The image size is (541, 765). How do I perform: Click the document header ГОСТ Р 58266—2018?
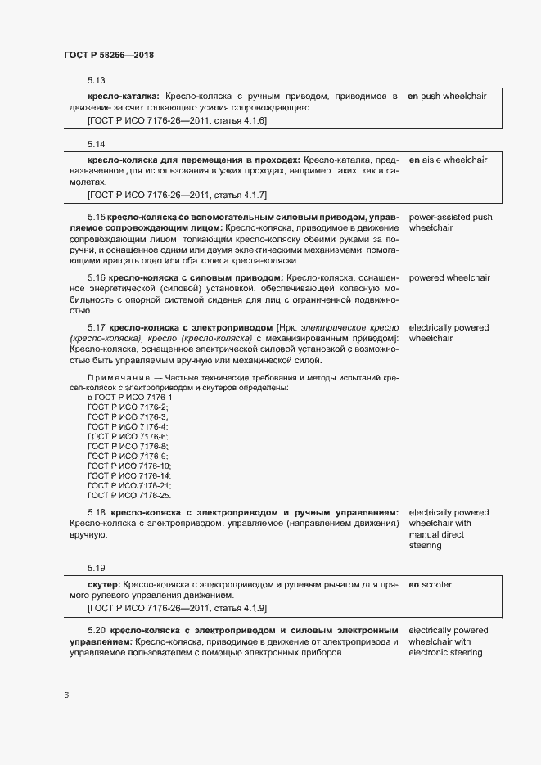coord(109,55)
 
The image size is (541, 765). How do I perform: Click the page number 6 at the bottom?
coord(65,695)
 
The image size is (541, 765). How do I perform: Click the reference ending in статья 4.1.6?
coord(177,120)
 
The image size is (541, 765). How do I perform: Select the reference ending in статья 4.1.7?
coord(177,195)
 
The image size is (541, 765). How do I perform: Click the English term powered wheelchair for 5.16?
coord(449,278)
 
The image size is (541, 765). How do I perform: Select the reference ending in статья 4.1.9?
coord(177,609)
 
